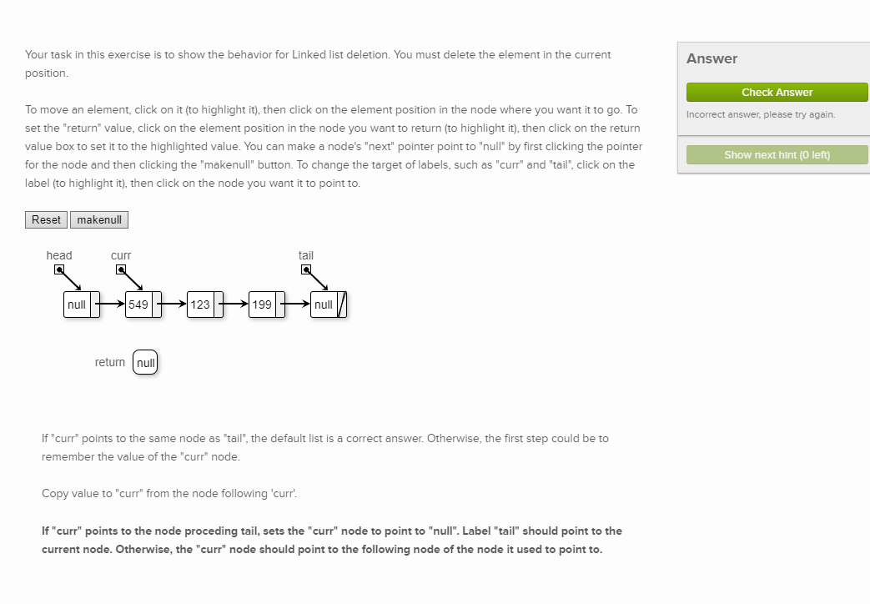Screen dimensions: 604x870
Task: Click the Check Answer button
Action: click(x=777, y=92)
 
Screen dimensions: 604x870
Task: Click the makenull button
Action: click(x=99, y=220)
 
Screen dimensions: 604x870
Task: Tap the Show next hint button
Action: click(x=777, y=154)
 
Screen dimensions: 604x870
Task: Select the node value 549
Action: click(x=138, y=305)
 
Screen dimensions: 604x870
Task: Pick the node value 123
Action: click(x=200, y=305)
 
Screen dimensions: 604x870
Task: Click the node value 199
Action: click(x=262, y=305)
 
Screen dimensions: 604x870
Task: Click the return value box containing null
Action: click(x=145, y=363)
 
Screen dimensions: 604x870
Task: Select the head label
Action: click(x=59, y=255)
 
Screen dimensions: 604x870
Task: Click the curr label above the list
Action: click(x=121, y=255)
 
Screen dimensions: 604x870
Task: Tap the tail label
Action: click(x=306, y=255)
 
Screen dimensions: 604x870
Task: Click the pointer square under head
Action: click(x=59, y=269)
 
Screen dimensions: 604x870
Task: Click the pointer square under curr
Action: click(x=121, y=269)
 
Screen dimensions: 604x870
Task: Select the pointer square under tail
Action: click(x=306, y=269)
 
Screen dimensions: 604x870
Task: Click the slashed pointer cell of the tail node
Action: click(x=342, y=305)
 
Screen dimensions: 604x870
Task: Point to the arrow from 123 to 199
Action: click(x=235, y=305)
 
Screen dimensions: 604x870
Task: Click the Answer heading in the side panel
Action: click(x=712, y=58)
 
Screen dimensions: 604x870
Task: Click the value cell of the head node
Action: click(x=77, y=305)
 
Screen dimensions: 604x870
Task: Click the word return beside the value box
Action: click(x=110, y=362)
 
